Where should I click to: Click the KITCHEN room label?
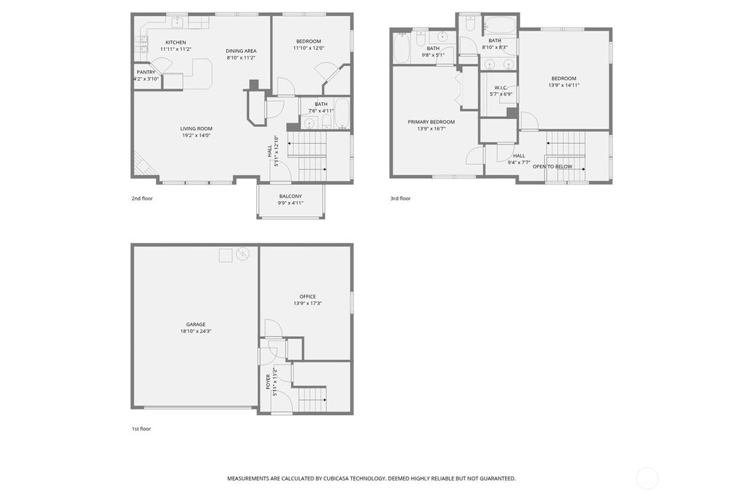coord(176,42)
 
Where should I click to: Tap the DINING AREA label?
coord(241,51)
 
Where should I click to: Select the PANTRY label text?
coord(146,72)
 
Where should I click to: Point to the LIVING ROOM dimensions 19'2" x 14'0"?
coord(196,135)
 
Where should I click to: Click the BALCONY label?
coord(290,197)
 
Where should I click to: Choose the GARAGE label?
coord(196,324)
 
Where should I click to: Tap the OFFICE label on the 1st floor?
coord(308,296)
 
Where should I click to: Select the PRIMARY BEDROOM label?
coord(431,122)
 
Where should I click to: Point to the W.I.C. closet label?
coord(501,88)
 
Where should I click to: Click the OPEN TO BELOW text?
coord(552,166)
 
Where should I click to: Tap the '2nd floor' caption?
coord(142,198)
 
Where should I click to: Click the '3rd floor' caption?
coord(401,198)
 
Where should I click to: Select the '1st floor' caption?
coord(141,429)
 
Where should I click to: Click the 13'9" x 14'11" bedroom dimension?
coord(564,85)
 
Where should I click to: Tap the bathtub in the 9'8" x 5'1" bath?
coord(402,50)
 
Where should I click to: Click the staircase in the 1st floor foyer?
coord(312,398)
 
